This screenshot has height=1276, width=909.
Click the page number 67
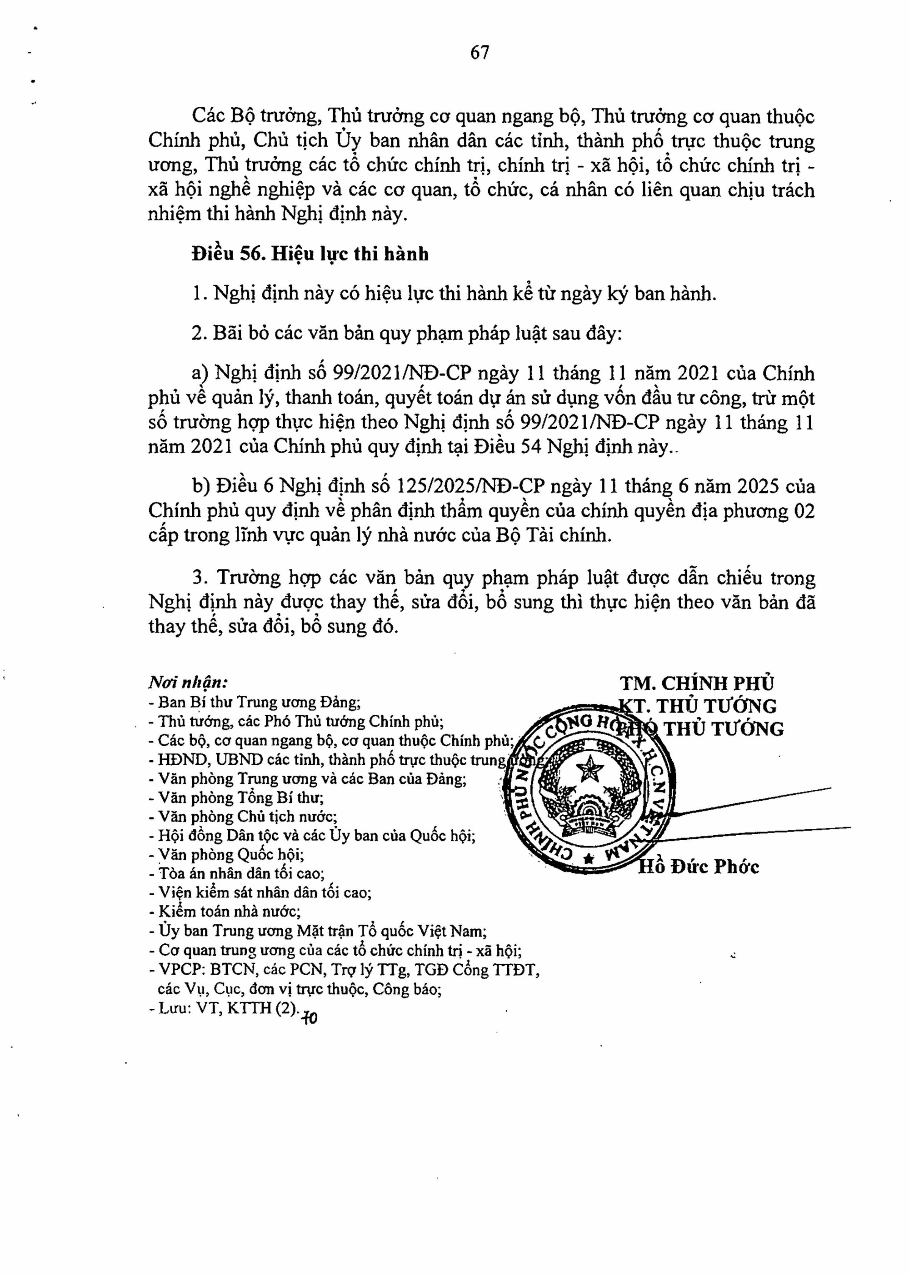point(479,53)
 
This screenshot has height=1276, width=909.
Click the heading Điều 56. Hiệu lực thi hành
point(310,254)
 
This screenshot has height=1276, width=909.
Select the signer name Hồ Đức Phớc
point(699,867)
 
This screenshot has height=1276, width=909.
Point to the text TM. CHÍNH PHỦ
point(697,683)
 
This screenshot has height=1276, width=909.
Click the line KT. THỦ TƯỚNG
point(703,706)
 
